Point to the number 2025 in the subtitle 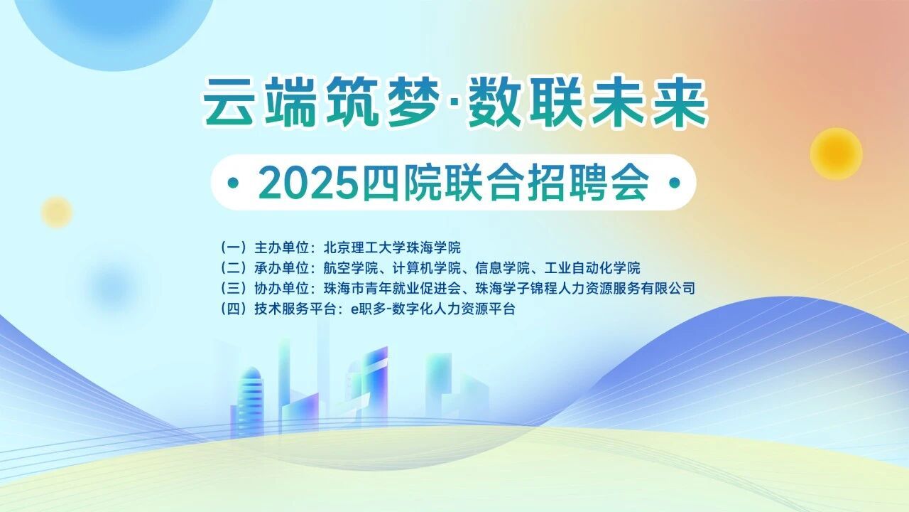click(308, 183)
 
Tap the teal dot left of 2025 click(233, 183)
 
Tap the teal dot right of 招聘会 click(674, 183)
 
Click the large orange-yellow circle click(836, 154)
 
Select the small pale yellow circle click(57, 212)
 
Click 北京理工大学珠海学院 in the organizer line click(392, 247)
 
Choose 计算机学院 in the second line click(427, 268)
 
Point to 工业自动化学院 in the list click(592, 268)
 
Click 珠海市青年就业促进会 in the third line click(392, 289)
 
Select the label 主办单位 click(282, 247)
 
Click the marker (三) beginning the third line click(234, 289)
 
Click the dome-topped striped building click(250, 402)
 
